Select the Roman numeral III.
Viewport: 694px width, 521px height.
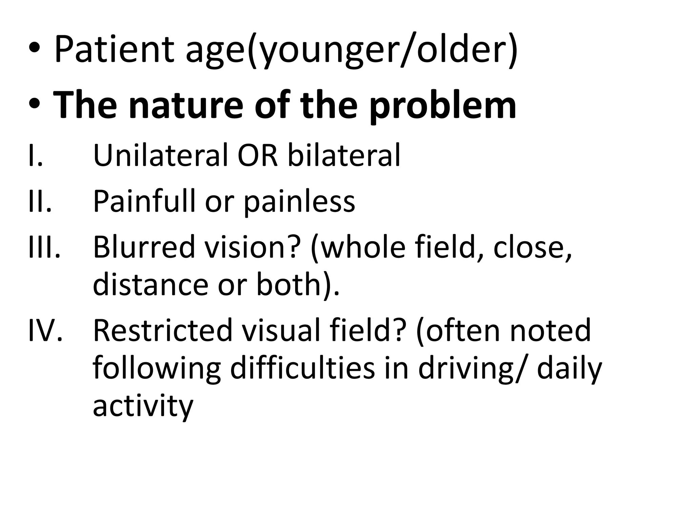pyautogui.click(x=44, y=247)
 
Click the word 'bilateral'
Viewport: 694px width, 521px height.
pyautogui.click(x=344, y=155)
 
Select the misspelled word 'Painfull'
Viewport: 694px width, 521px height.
pyautogui.click(x=144, y=201)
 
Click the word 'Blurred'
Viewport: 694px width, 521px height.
pyautogui.click(x=144, y=247)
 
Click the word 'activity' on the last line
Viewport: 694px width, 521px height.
pyautogui.click(x=143, y=406)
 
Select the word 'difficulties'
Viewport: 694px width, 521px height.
pyautogui.click(x=303, y=369)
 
